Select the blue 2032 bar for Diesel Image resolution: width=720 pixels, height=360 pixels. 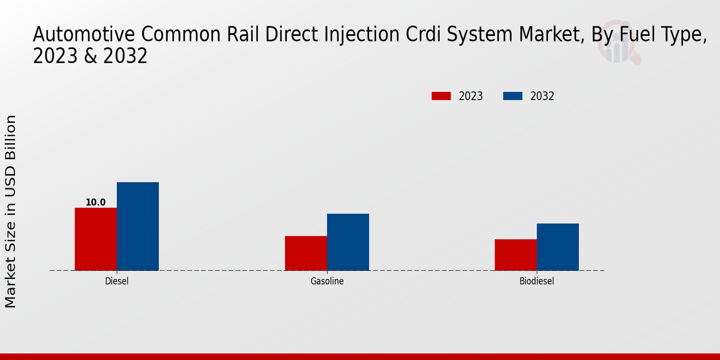point(137,226)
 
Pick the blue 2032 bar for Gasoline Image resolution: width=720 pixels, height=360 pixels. point(348,242)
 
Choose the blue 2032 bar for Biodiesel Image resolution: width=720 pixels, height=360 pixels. point(558,247)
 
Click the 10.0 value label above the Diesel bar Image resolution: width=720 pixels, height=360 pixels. point(95,202)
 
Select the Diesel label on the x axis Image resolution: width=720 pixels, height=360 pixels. point(116,281)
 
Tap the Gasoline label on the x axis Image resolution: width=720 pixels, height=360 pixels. point(327,281)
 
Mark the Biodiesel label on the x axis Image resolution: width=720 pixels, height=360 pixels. point(537,281)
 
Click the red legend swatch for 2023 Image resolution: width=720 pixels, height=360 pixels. point(441,96)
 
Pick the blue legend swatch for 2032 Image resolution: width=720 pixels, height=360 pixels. point(512,96)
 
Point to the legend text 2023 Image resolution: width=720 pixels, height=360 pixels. point(471,96)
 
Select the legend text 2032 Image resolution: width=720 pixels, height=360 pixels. point(542,96)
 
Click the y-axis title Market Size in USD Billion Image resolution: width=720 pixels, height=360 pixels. point(11,211)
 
